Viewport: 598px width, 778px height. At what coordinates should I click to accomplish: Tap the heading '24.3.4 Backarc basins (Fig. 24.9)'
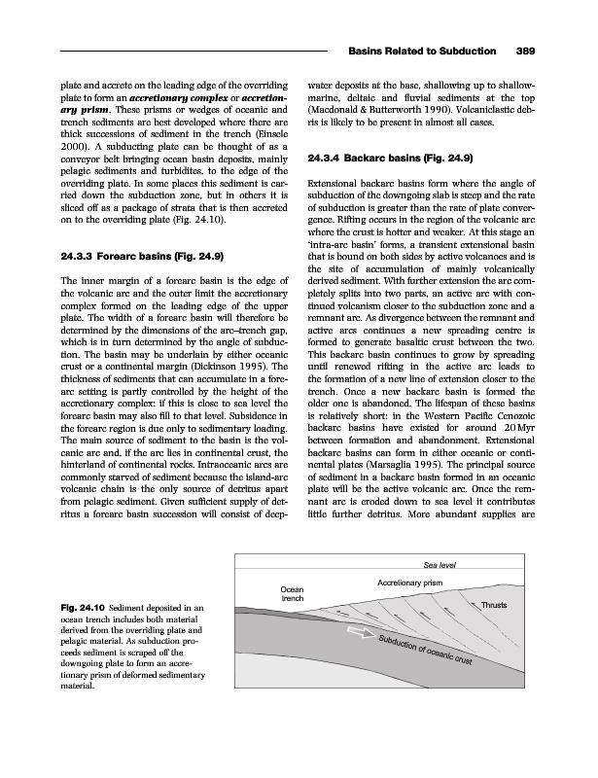pyautogui.click(x=382, y=158)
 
